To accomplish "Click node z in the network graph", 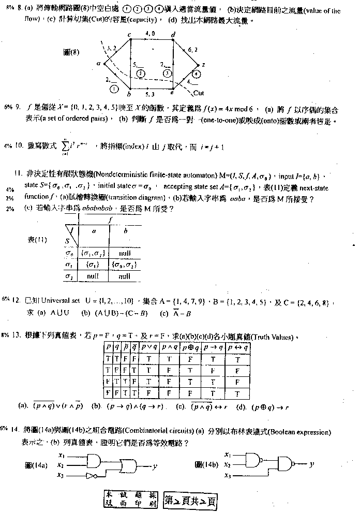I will point(204,65).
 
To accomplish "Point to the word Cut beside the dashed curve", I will point(199,94).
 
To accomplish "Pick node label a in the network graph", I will point(98,64).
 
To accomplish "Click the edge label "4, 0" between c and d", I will point(150,33).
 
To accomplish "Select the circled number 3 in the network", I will point(167,74).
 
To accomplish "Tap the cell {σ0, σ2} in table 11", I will point(124,265).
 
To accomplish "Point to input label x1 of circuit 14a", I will point(61,456).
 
